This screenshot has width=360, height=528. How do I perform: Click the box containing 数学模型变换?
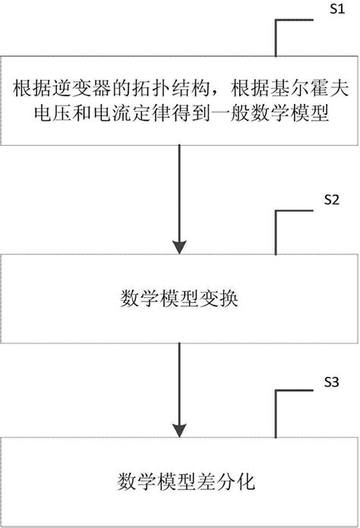point(179,297)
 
